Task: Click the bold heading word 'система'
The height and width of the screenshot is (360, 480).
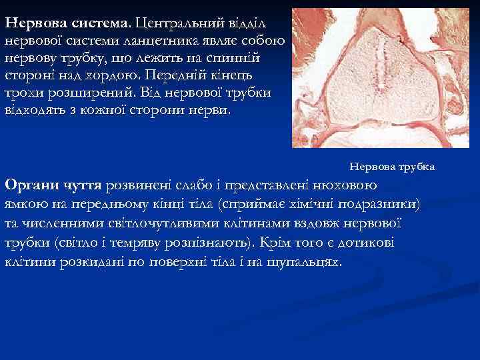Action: (101, 22)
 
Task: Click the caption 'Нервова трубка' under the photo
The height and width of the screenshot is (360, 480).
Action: (392, 166)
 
